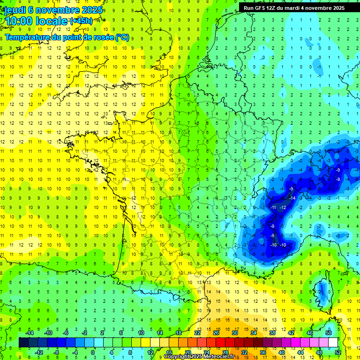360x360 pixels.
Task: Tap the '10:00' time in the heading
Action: pyautogui.click(x=19, y=21)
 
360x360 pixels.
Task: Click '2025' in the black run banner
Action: pyautogui.click(x=336, y=8)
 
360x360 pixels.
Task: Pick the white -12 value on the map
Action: pyautogui.click(x=283, y=207)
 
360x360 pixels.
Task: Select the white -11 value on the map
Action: pyautogui.click(x=273, y=207)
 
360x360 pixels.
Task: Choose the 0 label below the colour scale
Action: pyautogui.click(x=93, y=352)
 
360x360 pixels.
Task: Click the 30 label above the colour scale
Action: pyautogui.click(x=234, y=333)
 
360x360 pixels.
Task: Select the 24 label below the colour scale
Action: pyautogui.click(x=206, y=352)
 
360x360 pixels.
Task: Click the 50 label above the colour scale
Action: pyautogui.click(x=328, y=333)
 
